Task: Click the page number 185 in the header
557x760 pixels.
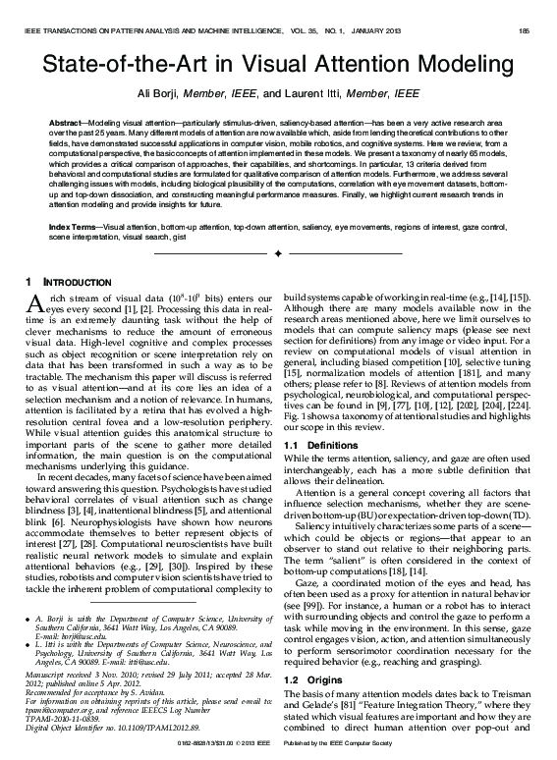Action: pyautogui.click(x=525, y=31)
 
